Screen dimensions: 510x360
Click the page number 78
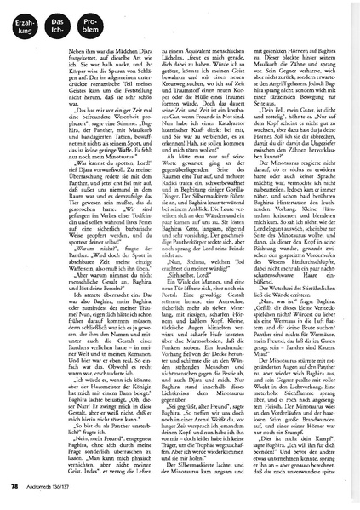(15, 487)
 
